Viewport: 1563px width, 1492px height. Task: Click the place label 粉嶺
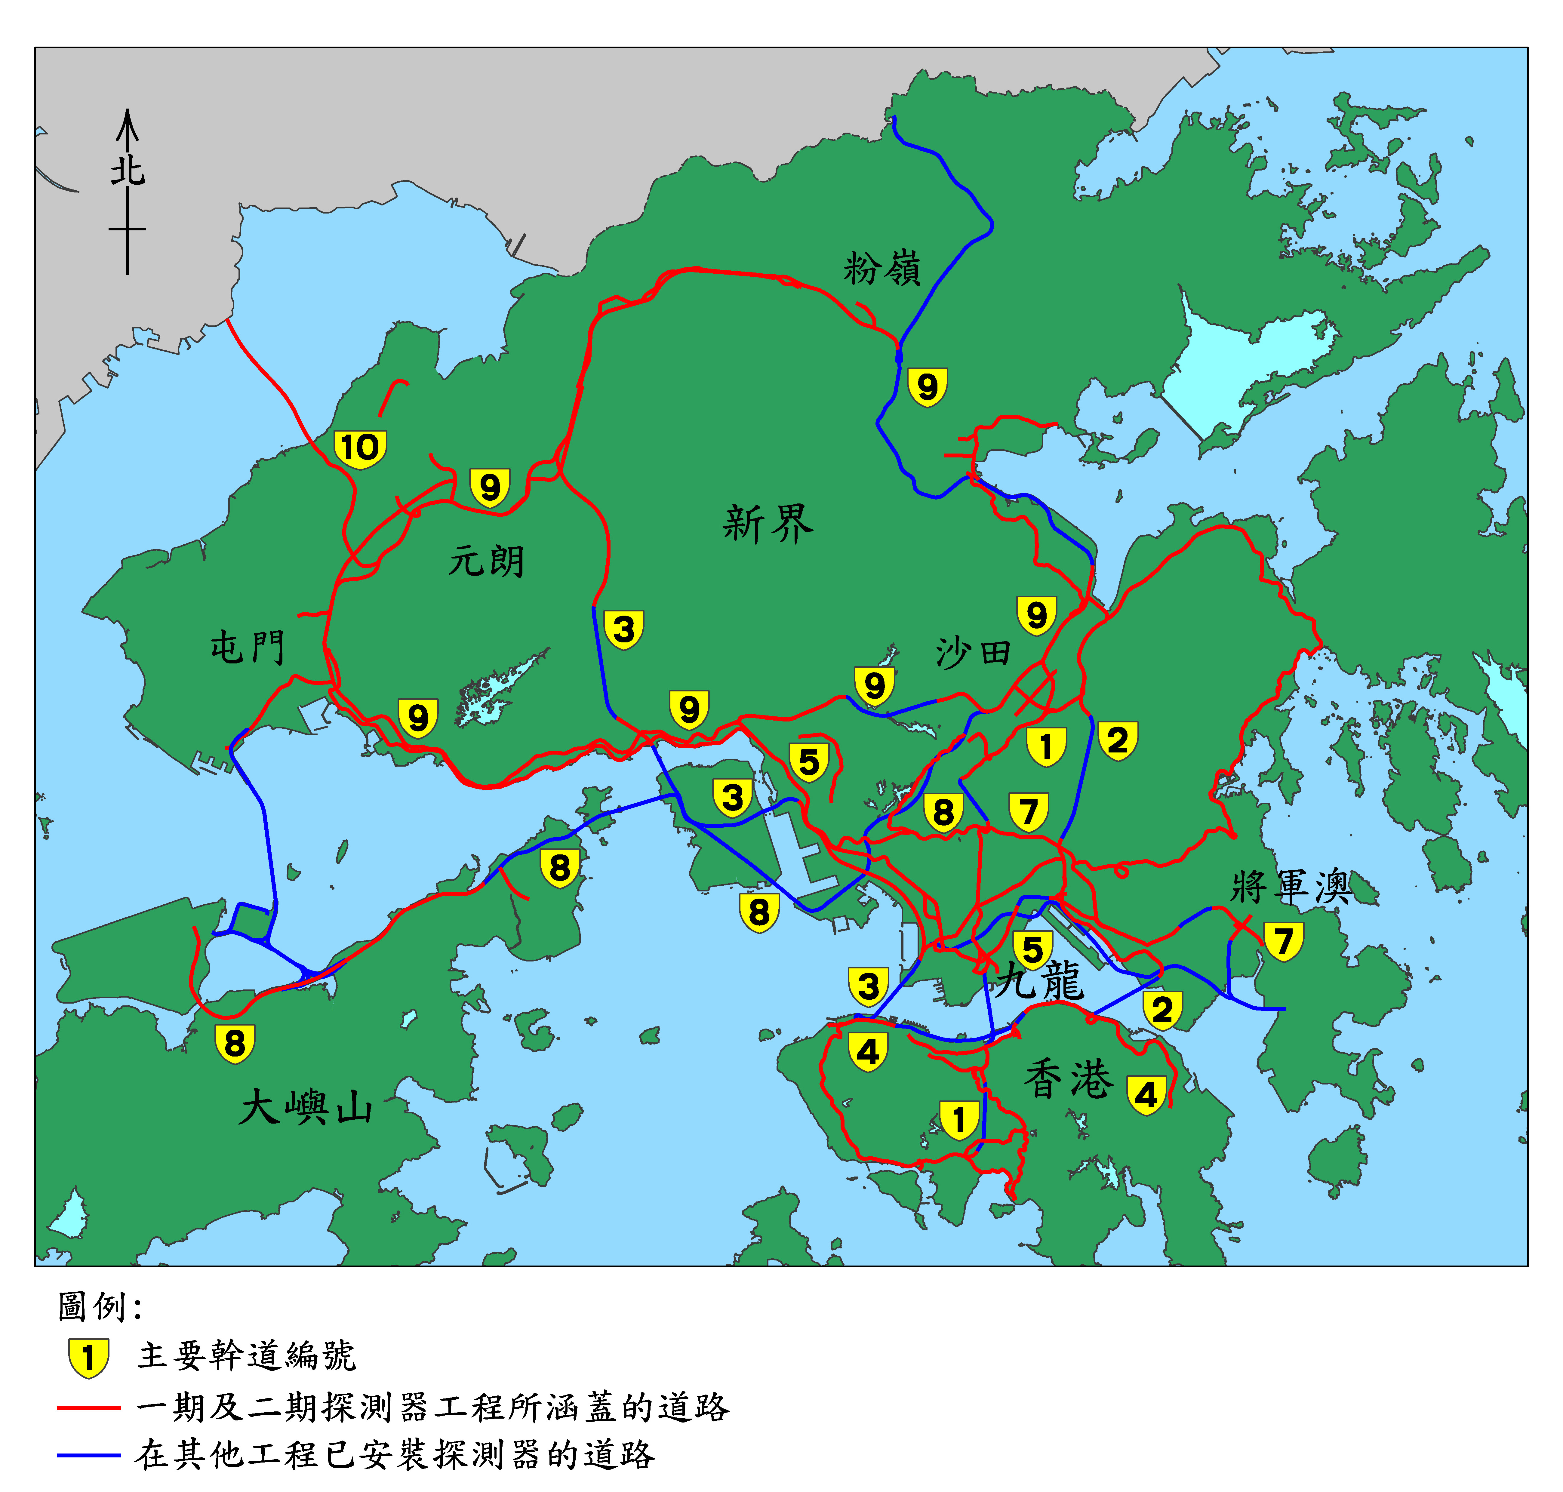coord(881,269)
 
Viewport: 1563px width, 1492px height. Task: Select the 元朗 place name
coord(486,561)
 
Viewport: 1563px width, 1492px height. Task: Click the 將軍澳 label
coord(1290,887)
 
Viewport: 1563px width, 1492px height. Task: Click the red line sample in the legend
coord(88,1408)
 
